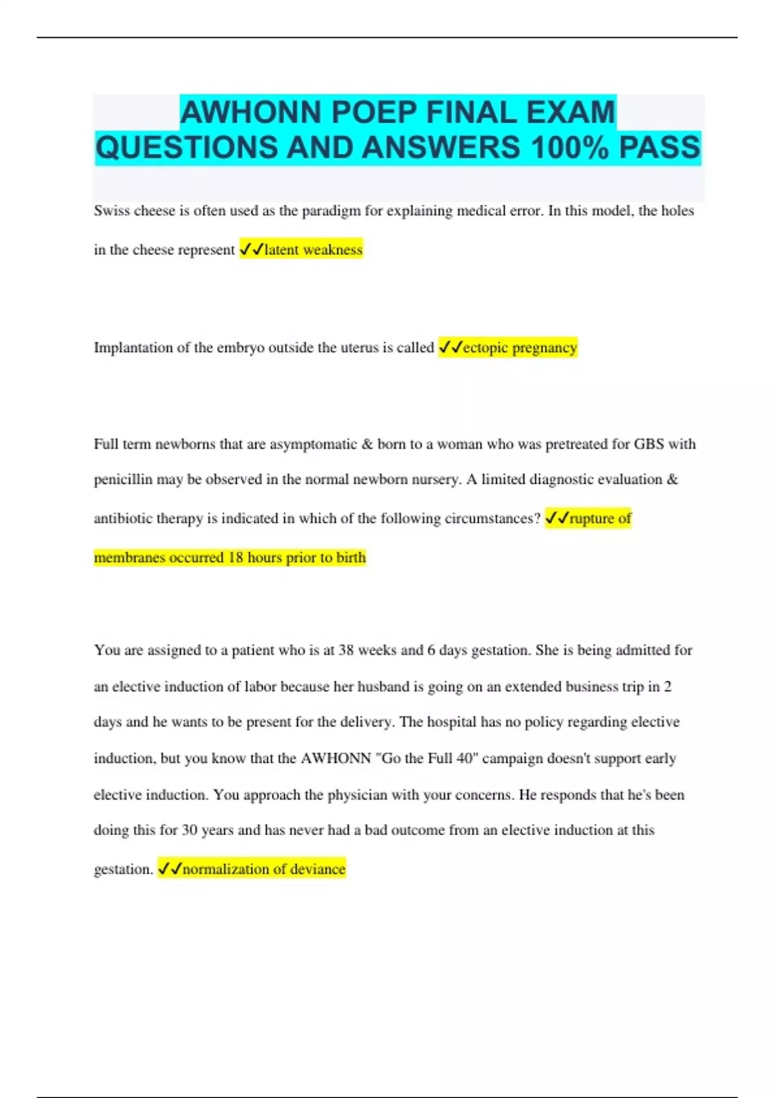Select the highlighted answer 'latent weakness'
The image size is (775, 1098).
point(313,250)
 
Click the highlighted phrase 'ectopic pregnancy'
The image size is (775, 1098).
point(520,347)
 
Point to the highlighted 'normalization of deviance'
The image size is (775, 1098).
point(263,869)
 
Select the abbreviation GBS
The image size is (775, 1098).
point(649,444)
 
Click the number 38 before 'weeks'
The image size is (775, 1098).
point(346,650)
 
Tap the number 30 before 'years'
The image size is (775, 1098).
point(189,830)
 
